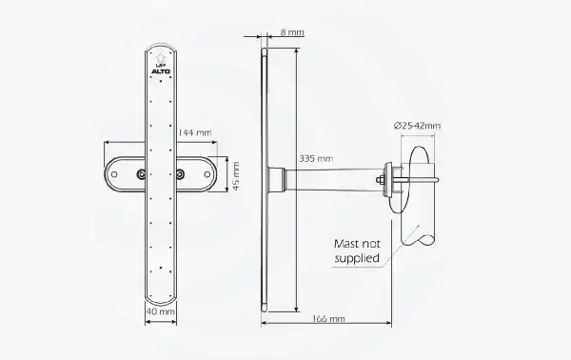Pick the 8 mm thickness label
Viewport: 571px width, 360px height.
(x=293, y=32)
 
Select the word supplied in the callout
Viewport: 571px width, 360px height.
(x=359, y=257)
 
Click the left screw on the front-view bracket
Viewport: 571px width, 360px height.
(x=141, y=174)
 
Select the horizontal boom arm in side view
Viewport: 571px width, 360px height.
(x=333, y=177)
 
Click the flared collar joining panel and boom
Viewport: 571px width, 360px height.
(x=276, y=177)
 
